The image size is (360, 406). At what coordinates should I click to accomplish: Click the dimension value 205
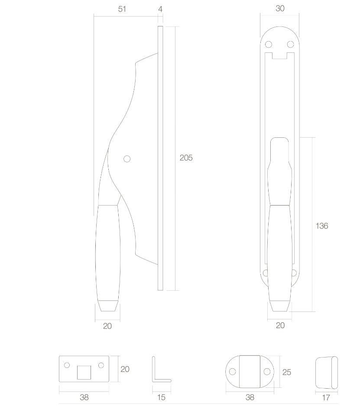[x=186, y=158]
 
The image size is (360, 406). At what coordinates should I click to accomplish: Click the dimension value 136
[x=322, y=226]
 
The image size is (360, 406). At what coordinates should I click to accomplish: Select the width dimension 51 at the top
[x=122, y=9]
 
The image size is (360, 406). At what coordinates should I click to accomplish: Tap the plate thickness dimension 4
[x=160, y=9]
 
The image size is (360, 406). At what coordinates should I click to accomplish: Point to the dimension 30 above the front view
[x=280, y=9]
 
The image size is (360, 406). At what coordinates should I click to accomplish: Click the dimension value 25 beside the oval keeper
[x=286, y=372]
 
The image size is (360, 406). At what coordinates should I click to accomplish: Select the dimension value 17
[x=326, y=397]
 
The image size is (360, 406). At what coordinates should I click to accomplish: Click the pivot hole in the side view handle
[x=127, y=159]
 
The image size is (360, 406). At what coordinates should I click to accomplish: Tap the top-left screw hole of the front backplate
[x=268, y=44]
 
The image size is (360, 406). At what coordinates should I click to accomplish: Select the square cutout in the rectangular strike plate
[x=84, y=372]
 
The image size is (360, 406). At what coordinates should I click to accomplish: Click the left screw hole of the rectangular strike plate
[x=67, y=365]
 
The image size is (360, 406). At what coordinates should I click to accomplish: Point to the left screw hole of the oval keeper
[x=233, y=372]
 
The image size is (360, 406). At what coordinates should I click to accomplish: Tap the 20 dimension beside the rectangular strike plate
[x=125, y=369]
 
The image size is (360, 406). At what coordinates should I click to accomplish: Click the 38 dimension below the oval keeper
[x=250, y=397]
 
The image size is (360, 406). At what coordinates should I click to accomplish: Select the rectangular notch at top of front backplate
[x=280, y=55]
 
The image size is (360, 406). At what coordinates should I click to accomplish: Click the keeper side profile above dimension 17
[x=326, y=372]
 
